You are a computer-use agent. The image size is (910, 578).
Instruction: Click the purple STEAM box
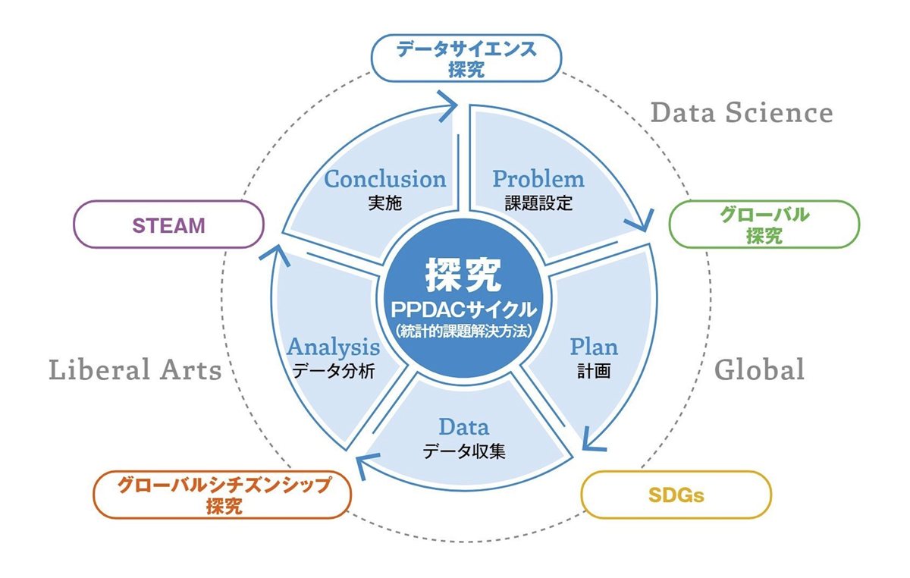pyautogui.click(x=168, y=225)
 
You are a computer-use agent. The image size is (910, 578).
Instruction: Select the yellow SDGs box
pyautogui.click(x=676, y=496)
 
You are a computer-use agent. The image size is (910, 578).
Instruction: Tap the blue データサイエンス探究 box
pyautogui.click(x=466, y=60)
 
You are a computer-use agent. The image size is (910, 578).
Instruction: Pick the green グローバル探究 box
pyautogui.click(x=764, y=225)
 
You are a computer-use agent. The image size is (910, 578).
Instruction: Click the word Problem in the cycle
pyautogui.click(x=538, y=179)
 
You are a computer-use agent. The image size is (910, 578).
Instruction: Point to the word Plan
pyautogui.click(x=594, y=347)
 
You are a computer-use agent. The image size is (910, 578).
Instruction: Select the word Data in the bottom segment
pyautogui.click(x=463, y=427)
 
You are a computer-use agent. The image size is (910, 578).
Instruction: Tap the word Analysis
pyautogui.click(x=333, y=347)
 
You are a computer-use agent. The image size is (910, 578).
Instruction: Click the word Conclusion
pyautogui.click(x=384, y=179)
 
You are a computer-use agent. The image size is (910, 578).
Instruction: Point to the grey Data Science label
pyautogui.click(x=742, y=113)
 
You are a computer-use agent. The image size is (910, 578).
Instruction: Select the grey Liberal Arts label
pyautogui.click(x=135, y=370)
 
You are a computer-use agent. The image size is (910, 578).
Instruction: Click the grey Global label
pyautogui.click(x=759, y=370)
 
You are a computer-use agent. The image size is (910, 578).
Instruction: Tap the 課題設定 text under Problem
pyautogui.click(x=538, y=203)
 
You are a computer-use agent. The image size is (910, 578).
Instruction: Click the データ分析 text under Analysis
pyautogui.click(x=333, y=372)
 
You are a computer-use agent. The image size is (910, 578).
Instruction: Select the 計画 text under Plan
pyautogui.click(x=594, y=372)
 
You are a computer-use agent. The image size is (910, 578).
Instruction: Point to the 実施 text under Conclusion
pyautogui.click(x=384, y=203)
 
